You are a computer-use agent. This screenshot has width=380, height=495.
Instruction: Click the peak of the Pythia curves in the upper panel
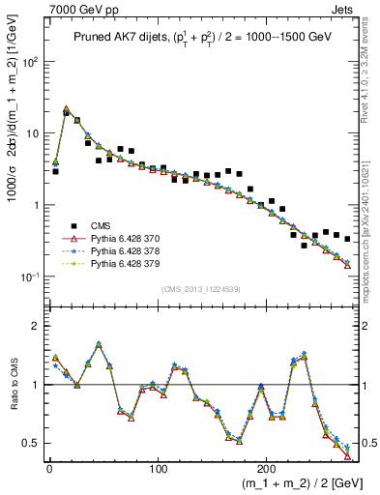coord(66,109)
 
